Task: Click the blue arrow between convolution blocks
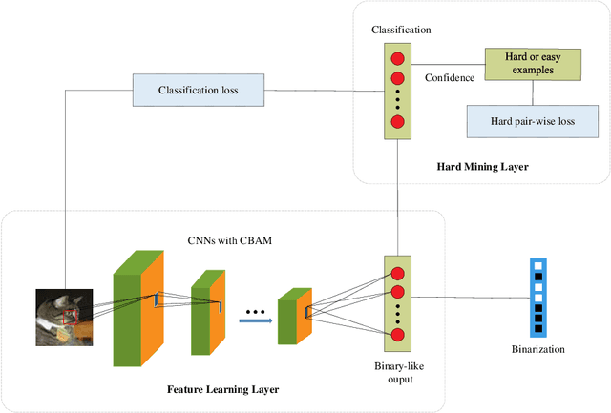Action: [x=253, y=320]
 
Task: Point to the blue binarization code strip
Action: [x=537, y=297]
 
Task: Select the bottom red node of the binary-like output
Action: [x=398, y=334]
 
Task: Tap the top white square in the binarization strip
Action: [x=537, y=266]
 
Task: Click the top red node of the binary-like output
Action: [x=398, y=274]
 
